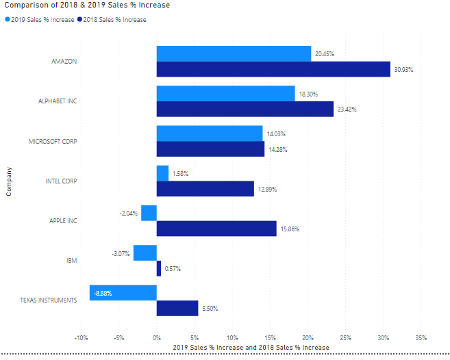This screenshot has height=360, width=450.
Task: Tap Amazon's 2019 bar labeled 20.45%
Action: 233,53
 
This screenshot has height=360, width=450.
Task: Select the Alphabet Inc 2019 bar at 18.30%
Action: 225,93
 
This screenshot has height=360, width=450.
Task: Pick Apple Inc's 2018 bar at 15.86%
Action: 216,228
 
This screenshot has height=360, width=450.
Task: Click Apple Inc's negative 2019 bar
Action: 149,213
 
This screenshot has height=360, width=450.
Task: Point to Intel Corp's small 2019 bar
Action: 162,173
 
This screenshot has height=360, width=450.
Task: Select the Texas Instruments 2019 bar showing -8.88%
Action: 123,293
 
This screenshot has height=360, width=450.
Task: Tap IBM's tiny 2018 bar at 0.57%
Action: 159,268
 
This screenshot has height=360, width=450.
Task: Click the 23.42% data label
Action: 347,110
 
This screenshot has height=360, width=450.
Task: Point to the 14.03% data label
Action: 276,134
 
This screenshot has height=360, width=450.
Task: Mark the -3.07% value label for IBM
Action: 121,253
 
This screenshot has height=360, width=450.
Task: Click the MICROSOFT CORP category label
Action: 52,142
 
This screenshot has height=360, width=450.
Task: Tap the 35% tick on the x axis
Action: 421,337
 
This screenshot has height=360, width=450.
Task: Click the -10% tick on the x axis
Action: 80,337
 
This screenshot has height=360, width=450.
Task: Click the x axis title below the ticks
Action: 251,348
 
